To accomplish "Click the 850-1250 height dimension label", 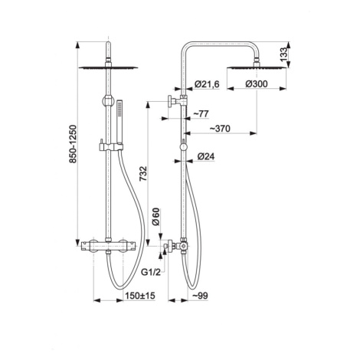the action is click(x=73, y=144).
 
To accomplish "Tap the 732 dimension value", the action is click(x=143, y=174).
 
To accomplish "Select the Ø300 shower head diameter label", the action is click(x=257, y=83).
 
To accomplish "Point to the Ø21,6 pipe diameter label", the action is click(x=207, y=84).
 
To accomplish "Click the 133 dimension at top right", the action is click(x=283, y=54).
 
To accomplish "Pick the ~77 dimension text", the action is click(x=201, y=113).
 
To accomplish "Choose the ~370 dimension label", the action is click(x=220, y=129).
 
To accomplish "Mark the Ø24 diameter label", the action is click(x=206, y=156).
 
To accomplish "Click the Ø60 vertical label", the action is click(x=155, y=217).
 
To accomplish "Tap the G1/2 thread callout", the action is click(x=151, y=272).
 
